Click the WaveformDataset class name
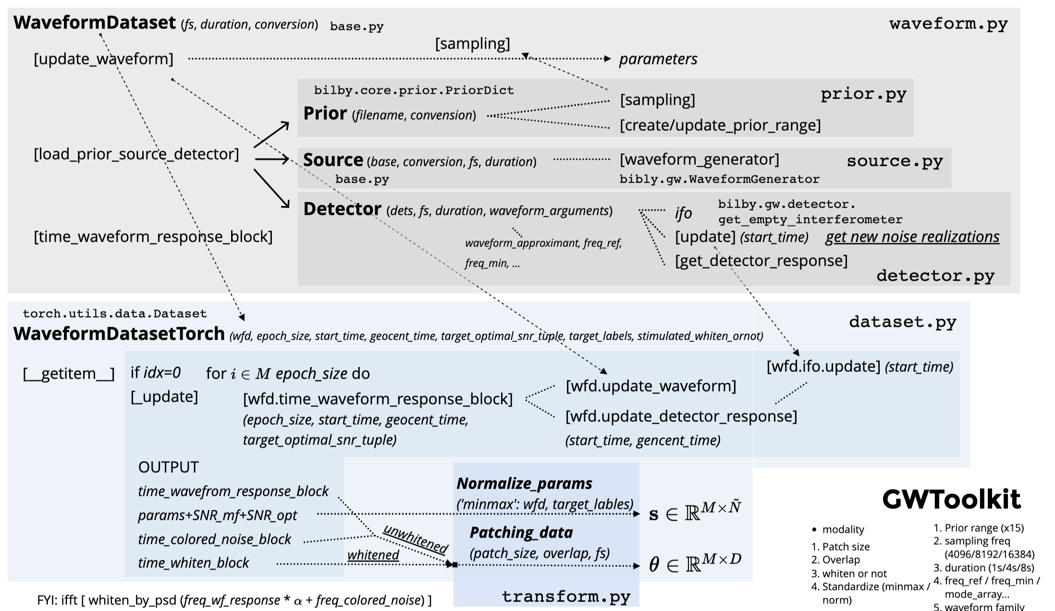pyautogui.click(x=95, y=23)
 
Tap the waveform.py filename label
pyautogui.click(x=948, y=24)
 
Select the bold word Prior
pyautogui.click(x=325, y=113)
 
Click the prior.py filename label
pyautogui.click(x=863, y=94)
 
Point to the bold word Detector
pyautogui.click(x=342, y=209)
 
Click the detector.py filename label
pyautogui.click(x=935, y=276)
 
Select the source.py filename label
pyautogui.click(x=895, y=161)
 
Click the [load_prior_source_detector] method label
pyautogui.click(x=136, y=154)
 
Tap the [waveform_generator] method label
pyautogui.click(x=699, y=159)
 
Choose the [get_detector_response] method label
pyautogui.click(x=761, y=261)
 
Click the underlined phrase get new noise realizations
pyautogui.click(x=912, y=237)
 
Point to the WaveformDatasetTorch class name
pyautogui.click(x=119, y=333)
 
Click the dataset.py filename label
pyautogui.click(x=903, y=322)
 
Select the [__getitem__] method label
pyautogui.click(x=69, y=374)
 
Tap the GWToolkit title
pyautogui.click(x=951, y=500)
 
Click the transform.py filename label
pyautogui.click(x=566, y=597)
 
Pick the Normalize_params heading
pyautogui.click(x=524, y=483)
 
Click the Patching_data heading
pyautogui.click(x=521, y=532)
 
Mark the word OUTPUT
pyautogui.click(x=168, y=467)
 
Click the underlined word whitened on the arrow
pyautogui.click(x=373, y=555)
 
